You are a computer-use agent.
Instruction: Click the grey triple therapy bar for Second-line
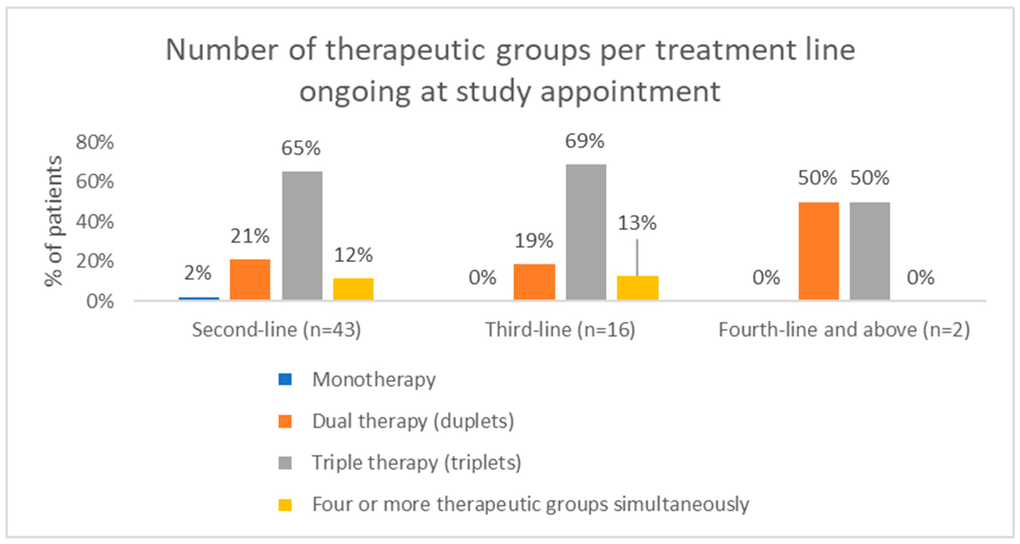(302, 236)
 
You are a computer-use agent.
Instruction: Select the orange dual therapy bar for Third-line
(534, 282)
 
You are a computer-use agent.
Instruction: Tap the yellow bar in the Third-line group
(637, 288)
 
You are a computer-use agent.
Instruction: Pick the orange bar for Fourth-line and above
(818, 251)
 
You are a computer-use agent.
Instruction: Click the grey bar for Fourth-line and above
(870, 251)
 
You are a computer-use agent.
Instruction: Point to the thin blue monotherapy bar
(199, 299)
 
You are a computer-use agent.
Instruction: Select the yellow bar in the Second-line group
(353, 289)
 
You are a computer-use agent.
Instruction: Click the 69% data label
(585, 141)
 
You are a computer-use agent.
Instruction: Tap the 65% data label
(301, 148)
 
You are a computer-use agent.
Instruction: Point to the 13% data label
(637, 223)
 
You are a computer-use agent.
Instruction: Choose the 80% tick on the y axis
(95, 142)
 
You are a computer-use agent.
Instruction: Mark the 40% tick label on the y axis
(95, 222)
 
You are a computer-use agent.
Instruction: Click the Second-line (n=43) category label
(276, 330)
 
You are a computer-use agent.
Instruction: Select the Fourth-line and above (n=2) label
(844, 330)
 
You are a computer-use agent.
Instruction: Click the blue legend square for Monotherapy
(285, 379)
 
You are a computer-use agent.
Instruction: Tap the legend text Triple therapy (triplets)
(417, 462)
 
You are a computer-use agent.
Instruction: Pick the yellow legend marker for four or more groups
(285, 505)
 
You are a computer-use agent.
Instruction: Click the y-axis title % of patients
(53, 221)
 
